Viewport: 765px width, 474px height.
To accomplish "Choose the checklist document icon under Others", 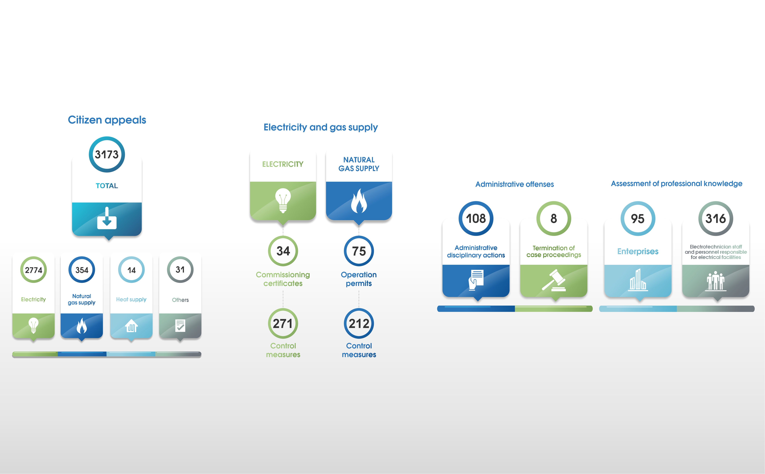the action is [180, 326].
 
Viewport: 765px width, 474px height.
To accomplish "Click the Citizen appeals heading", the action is [107, 120].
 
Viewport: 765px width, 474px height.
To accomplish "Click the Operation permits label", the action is [359, 279].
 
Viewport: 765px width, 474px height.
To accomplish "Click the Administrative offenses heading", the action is [514, 184].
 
